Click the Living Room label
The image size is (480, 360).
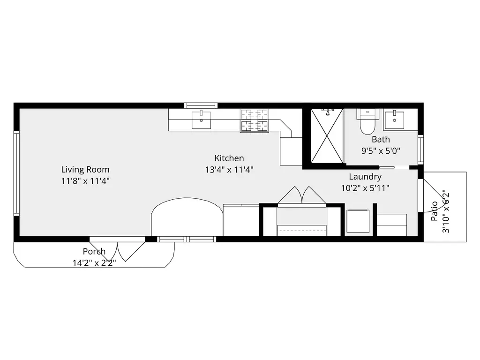click(x=85, y=170)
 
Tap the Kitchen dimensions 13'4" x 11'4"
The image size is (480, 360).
click(x=229, y=170)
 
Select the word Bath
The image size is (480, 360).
click(x=381, y=139)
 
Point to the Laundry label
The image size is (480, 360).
click(x=365, y=177)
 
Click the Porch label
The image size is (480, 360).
click(x=94, y=252)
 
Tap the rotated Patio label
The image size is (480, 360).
click(x=434, y=211)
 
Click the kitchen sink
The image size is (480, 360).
click(x=201, y=120)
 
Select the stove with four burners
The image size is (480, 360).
click(x=255, y=120)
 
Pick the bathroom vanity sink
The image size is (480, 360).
click(x=394, y=120)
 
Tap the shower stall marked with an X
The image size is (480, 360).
click(x=327, y=135)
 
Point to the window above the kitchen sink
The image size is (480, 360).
click(x=201, y=105)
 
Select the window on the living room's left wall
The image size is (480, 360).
click(x=16, y=173)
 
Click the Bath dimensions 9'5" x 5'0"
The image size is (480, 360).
click(x=381, y=151)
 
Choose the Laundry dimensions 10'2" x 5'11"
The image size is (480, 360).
click(x=365, y=188)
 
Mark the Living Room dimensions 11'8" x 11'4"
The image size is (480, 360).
click(x=85, y=181)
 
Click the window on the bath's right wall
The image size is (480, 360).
click(x=420, y=150)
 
